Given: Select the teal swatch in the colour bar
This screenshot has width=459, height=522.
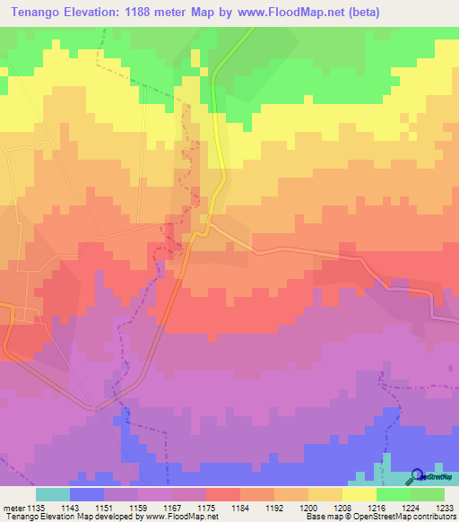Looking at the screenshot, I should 53,494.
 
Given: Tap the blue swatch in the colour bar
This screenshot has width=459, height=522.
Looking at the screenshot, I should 87,494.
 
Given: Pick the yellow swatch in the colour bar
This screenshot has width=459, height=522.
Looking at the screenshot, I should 359,494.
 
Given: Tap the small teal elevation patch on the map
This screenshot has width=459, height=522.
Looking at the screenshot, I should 386,467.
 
